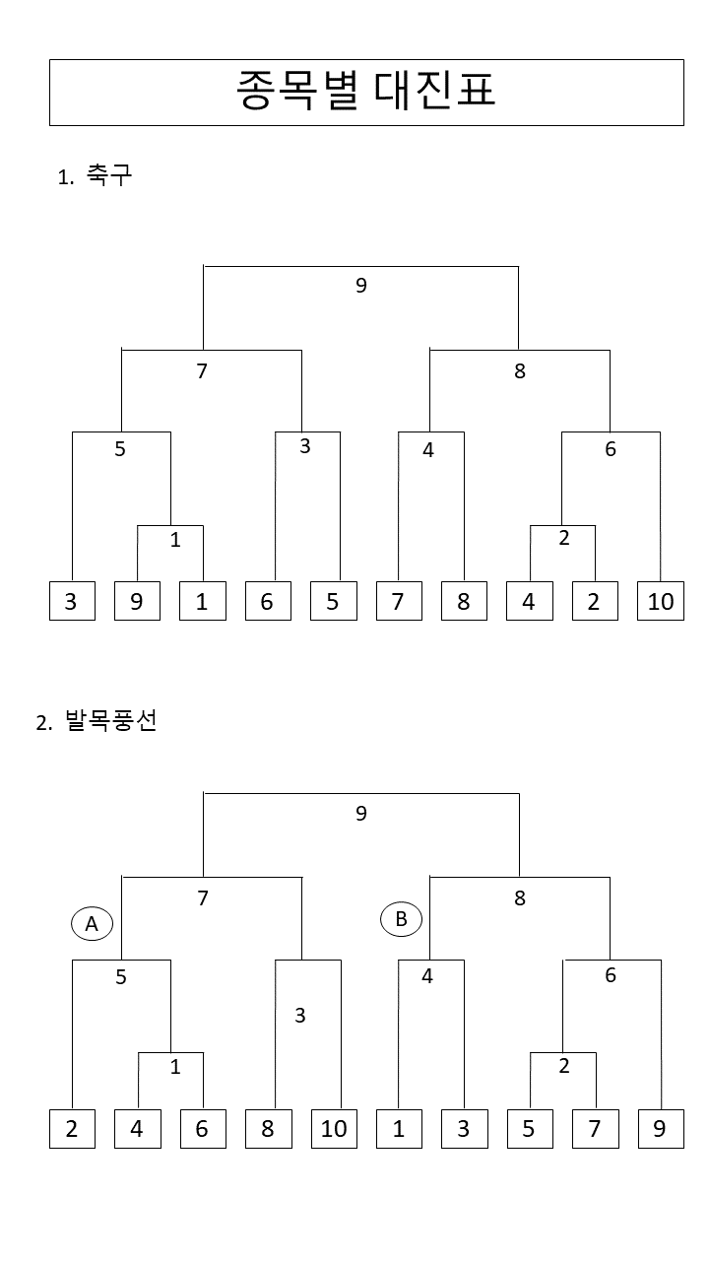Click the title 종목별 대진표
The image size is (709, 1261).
[x=366, y=92]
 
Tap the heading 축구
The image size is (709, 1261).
[x=108, y=176]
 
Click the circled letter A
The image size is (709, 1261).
[x=92, y=924]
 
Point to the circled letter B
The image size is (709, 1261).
[x=401, y=919]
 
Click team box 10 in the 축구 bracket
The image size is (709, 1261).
[x=661, y=601]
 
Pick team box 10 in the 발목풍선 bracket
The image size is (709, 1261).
[x=334, y=1128]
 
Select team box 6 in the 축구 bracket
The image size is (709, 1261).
[x=268, y=601]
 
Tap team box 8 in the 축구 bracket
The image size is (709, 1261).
[x=464, y=601]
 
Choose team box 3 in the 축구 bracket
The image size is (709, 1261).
[x=72, y=601]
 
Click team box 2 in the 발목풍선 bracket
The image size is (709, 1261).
[x=72, y=1128]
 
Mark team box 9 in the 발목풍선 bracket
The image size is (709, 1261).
[x=661, y=1128]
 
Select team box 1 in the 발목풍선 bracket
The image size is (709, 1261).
[x=399, y=1128]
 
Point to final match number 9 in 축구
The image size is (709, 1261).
[x=361, y=286]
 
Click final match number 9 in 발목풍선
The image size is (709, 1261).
[x=361, y=814]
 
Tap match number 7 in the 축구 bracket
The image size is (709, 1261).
[x=203, y=371]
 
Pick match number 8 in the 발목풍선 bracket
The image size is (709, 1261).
[x=520, y=898]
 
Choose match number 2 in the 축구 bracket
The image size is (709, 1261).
[x=563, y=538]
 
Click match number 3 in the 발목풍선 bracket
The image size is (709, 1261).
[x=300, y=1015]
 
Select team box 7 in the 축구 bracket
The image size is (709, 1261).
[x=399, y=601]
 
